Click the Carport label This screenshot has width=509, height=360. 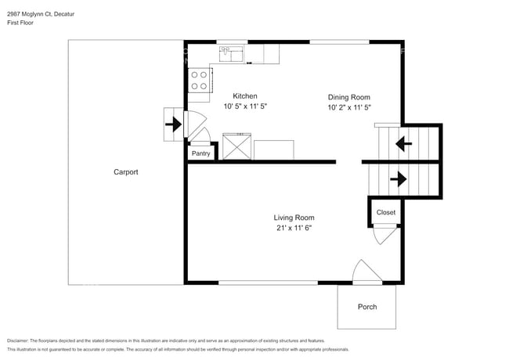click(125, 172)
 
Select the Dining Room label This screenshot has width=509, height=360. click(348, 97)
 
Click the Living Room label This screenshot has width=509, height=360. click(294, 218)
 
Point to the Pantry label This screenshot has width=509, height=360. click(201, 154)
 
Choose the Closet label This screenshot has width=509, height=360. click(386, 212)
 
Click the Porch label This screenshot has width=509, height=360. click(367, 307)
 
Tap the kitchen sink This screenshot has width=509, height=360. click(232, 53)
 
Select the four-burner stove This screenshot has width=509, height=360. click(200, 81)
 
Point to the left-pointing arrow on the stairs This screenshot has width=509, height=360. click(404, 143)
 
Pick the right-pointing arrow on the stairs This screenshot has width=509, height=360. click(398, 179)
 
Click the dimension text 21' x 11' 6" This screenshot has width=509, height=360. click(294, 229)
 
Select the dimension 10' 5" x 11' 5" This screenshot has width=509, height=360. click(245, 106)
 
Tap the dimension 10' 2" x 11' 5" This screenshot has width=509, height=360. click(348, 108)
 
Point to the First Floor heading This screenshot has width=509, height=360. click(20, 23)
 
